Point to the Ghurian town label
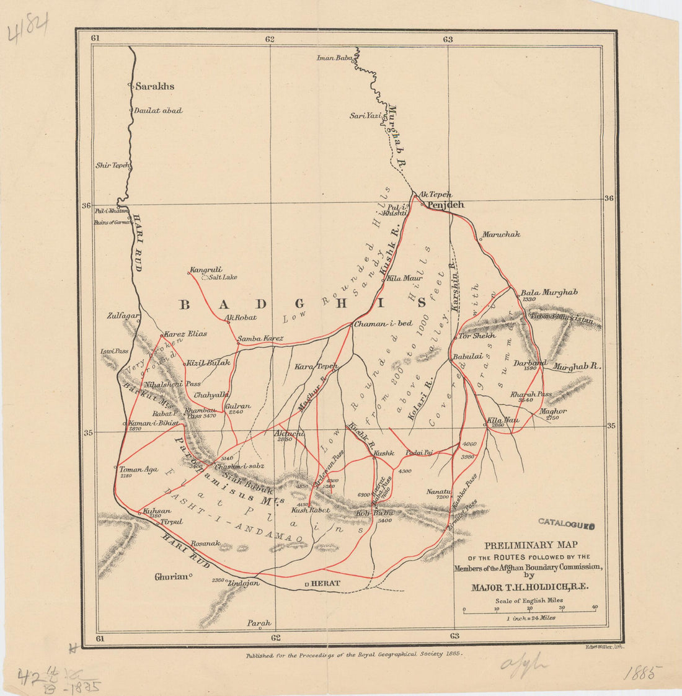(171, 577)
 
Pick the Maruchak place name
(502, 234)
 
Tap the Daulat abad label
(158, 110)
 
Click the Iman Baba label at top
(334, 58)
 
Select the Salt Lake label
(223, 277)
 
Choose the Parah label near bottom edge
(259, 623)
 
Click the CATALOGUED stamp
(567, 524)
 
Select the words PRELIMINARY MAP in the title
(526, 546)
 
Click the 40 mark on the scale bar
(595, 607)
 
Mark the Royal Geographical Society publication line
(354, 654)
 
